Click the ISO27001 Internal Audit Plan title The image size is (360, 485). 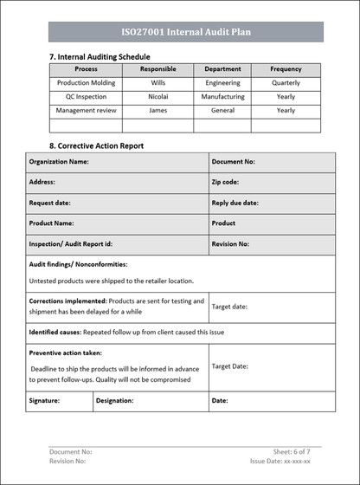coord(186,32)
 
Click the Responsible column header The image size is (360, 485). coord(158,69)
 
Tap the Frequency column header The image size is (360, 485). coord(286,69)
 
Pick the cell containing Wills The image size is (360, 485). coord(158,83)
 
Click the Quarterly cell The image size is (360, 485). coord(286,83)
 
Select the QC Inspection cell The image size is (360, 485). coord(87,97)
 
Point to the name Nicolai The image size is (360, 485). coord(158,97)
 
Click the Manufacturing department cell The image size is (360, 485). coord(222,97)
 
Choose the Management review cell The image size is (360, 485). coord(87,111)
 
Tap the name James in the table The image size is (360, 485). coord(158,111)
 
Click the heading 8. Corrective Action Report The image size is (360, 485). coord(96,146)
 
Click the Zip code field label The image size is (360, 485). coord(225,183)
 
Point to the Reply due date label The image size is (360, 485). coord(235,203)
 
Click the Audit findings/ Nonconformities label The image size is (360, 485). coord(78,264)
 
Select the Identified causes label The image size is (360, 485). coord(55,332)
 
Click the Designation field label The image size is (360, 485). coord(115,401)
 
